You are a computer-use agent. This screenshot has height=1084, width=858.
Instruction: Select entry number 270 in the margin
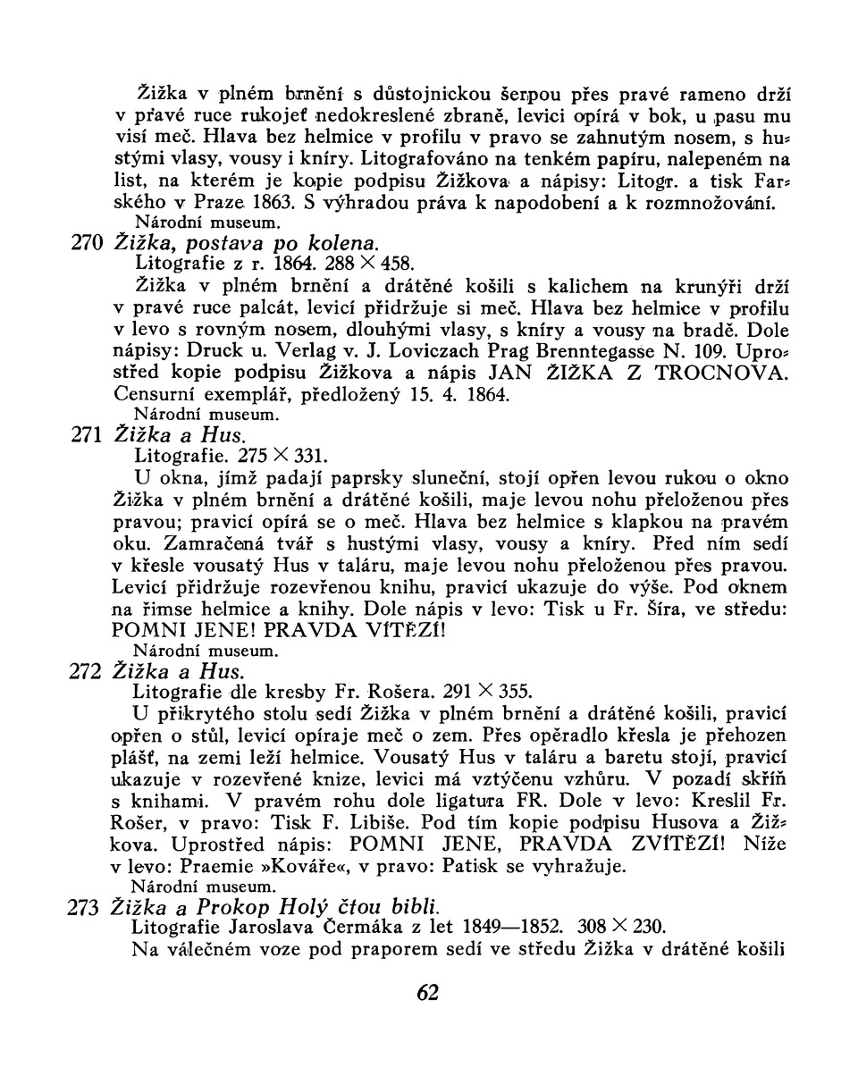(87, 244)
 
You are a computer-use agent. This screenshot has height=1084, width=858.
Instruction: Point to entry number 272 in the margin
(86, 671)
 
